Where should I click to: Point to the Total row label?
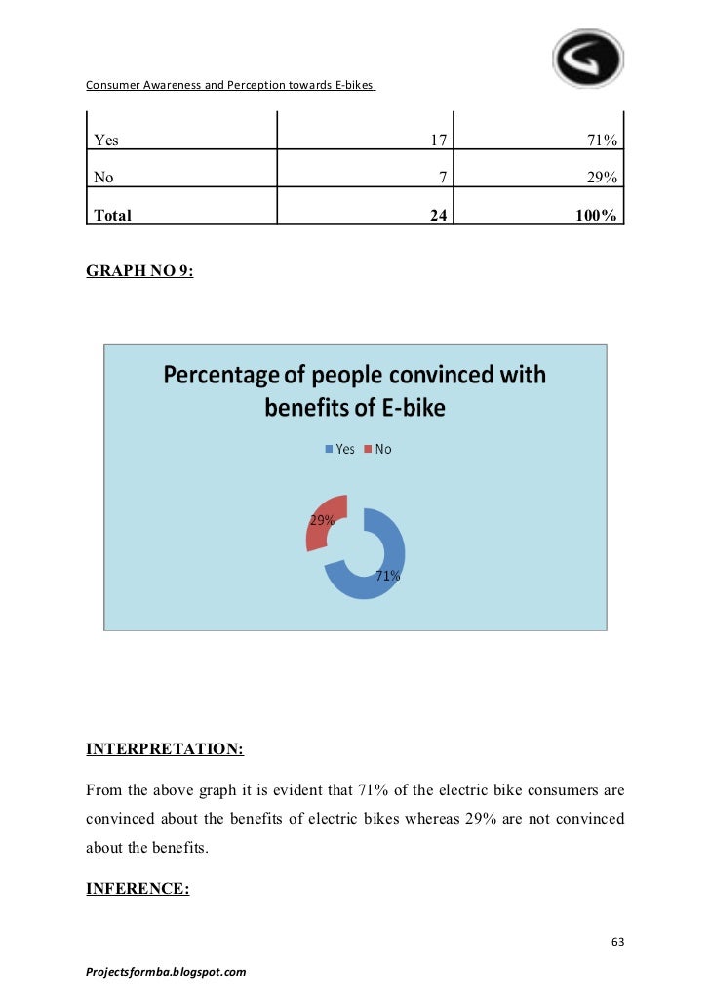click(x=112, y=215)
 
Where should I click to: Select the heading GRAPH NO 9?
click(x=139, y=272)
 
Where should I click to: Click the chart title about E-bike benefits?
click(x=354, y=390)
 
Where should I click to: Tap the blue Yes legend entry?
click(x=339, y=449)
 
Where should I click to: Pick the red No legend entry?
click(x=377, y=449)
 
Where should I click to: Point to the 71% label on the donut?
click(x=388, y=577)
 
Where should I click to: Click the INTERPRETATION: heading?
click(x=165, y=749)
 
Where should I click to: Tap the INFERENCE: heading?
click(x=138, y=889)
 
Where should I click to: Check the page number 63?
click(x=616, y=942)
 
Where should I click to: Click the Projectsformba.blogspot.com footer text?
click(x=166, y=972)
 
